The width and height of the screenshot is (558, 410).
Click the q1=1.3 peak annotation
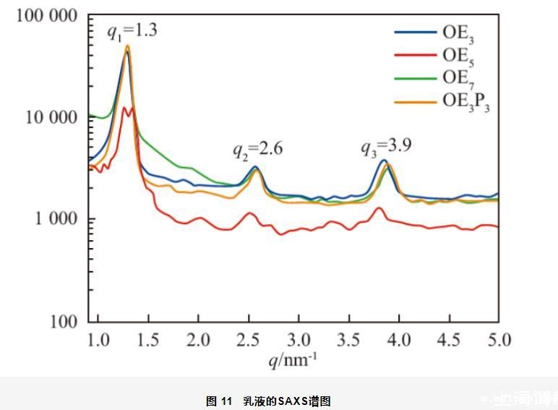(x=133, y=32)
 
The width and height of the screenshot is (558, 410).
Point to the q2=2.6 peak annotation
(x=257, y=150)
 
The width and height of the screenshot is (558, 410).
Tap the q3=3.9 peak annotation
(x=386, y=147)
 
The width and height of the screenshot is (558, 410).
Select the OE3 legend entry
(x=458, y=33)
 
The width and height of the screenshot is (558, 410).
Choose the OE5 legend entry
(x=458, y=55)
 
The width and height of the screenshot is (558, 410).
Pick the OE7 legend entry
(x=458, y=78)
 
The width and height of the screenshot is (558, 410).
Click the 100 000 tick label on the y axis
(x=46, y=16)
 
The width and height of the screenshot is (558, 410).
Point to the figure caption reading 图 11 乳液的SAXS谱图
(x=268, y=401)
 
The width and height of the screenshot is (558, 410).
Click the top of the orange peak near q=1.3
(x=127, y=46)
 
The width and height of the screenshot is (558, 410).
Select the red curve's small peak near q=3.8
(x=379, y=208)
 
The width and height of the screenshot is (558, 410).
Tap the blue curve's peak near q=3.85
(x=384, y=161)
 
